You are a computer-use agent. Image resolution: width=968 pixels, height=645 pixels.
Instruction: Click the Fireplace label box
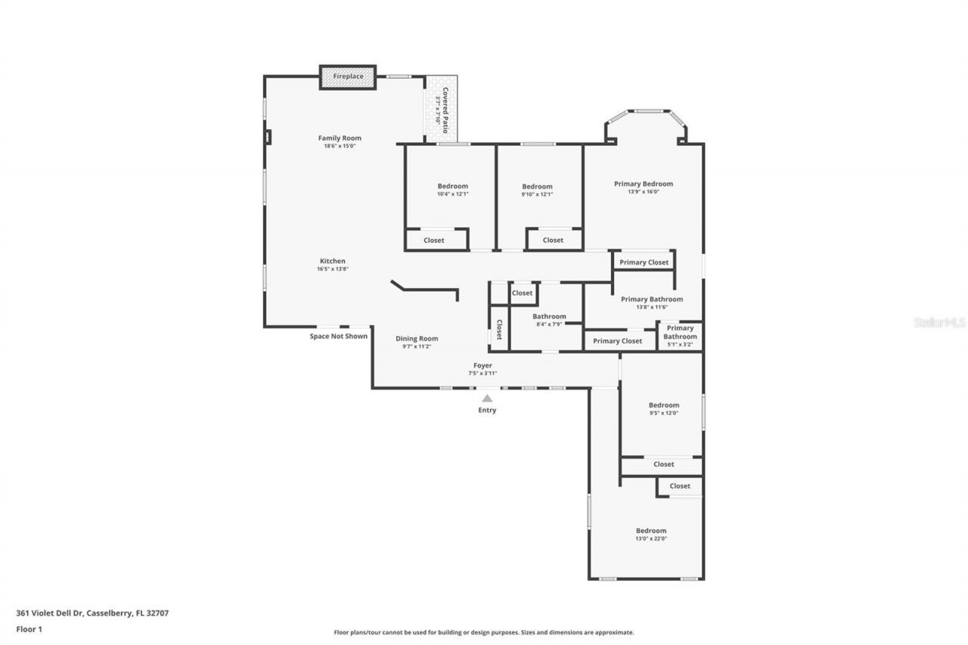[348, 77]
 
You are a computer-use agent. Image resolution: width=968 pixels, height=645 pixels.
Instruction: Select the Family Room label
[340, 138]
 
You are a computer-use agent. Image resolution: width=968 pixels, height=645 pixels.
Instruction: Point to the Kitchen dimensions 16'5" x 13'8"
[332, 269]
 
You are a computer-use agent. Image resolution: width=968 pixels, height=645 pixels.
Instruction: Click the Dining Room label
[417, 339]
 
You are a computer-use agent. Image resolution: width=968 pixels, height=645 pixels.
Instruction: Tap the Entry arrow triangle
[487, 398]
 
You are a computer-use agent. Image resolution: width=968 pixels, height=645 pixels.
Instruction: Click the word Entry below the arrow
[487, 411]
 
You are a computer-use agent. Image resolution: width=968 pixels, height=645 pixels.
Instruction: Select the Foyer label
[482, 366]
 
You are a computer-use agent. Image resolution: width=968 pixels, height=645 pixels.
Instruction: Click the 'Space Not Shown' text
[339, 336]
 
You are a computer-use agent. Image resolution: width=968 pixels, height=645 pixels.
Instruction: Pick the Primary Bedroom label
[643, 184]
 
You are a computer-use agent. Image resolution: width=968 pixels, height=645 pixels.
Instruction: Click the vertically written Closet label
[499, 329]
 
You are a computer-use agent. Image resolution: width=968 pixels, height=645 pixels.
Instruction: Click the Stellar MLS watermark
[939, 322]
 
